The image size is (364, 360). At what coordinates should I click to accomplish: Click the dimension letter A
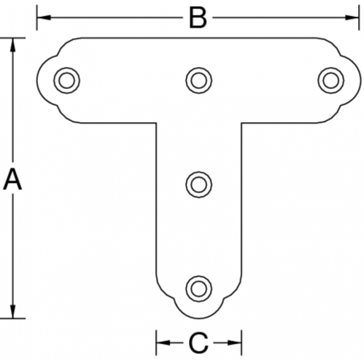(x=12, y=180)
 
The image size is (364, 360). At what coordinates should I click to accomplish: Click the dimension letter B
(x=198, y=17)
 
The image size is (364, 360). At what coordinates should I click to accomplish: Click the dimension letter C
(x=198, y=343)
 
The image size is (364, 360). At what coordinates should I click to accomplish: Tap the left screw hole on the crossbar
(x=66, y=80)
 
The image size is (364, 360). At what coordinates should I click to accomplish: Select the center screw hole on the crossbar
(x=198, y=80)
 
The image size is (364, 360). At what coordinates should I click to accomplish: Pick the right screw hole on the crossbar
(x=330, y=80)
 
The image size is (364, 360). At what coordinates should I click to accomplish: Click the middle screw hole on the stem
(x=198, y=184)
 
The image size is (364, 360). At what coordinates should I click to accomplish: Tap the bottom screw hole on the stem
(x=198, y=289)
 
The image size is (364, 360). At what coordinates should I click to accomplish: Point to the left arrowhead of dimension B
(x=44, y=17)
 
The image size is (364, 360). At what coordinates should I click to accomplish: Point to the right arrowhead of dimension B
(x=352, y=17)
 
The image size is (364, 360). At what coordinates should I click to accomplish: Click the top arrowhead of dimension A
(x=13, y=45)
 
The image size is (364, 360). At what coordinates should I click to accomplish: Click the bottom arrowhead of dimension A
(x=13, y=311)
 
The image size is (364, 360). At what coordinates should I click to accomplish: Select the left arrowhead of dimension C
(x=163, y=343)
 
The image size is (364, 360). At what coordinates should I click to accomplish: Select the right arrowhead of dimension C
(x=234, y=343)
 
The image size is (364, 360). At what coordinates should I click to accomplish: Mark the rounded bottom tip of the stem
(x=198, y=318)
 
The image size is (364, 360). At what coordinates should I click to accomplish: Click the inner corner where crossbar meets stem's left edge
(x=156, y=123)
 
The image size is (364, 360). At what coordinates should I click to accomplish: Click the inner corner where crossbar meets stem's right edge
(x=241, y=123)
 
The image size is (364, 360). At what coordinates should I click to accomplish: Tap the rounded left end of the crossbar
(x=36, y=80)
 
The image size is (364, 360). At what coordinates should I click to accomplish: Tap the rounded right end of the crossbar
(x=361, y=80)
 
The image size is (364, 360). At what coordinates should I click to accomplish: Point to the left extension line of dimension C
(x=156, y=343)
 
